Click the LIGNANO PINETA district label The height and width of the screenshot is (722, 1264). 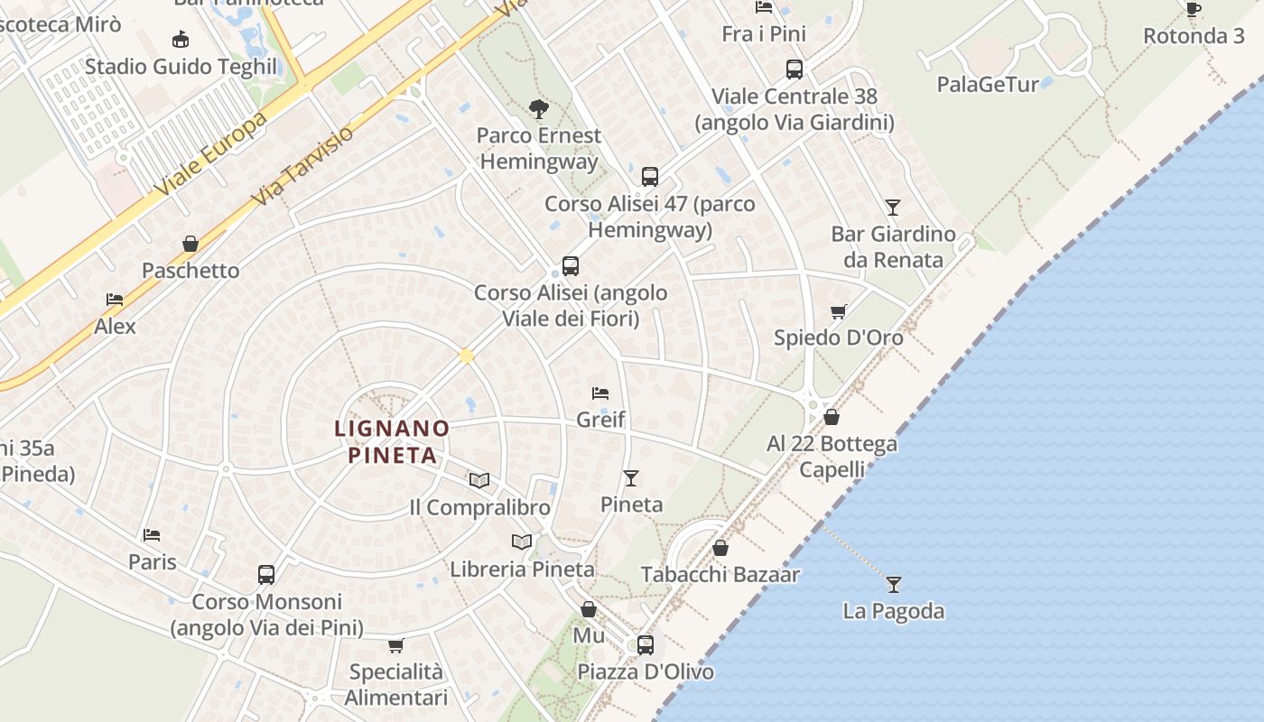[392, 441]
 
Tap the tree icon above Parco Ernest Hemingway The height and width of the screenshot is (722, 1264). [539, 110]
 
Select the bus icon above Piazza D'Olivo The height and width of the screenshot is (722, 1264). [645, 644]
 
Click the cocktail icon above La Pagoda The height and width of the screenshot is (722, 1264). [893, 584]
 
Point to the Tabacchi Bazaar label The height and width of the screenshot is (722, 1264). [720, 574]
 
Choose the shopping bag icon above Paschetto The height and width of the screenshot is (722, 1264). [191, 244]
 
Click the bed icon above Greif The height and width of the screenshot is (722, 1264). [600, 393]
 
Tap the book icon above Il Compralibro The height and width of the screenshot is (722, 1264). [479, 480]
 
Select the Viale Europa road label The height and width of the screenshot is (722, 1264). [210, 155]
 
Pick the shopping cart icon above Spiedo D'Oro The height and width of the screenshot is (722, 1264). [839, 311]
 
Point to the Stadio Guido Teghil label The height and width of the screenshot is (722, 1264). [181, 67]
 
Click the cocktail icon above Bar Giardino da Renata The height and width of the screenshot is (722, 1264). [893, 208]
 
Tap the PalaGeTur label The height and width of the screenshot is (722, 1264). [988, 85]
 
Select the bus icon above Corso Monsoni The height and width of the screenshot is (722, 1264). [266, 574]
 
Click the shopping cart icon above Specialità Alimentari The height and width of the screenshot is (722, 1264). [395, 645]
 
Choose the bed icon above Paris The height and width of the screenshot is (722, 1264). [152, 535]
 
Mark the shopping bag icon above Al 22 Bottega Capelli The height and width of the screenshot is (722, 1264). [832, 417]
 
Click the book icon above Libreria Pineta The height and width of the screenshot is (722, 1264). [522, 541]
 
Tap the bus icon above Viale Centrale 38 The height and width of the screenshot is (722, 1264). [795, 69]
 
